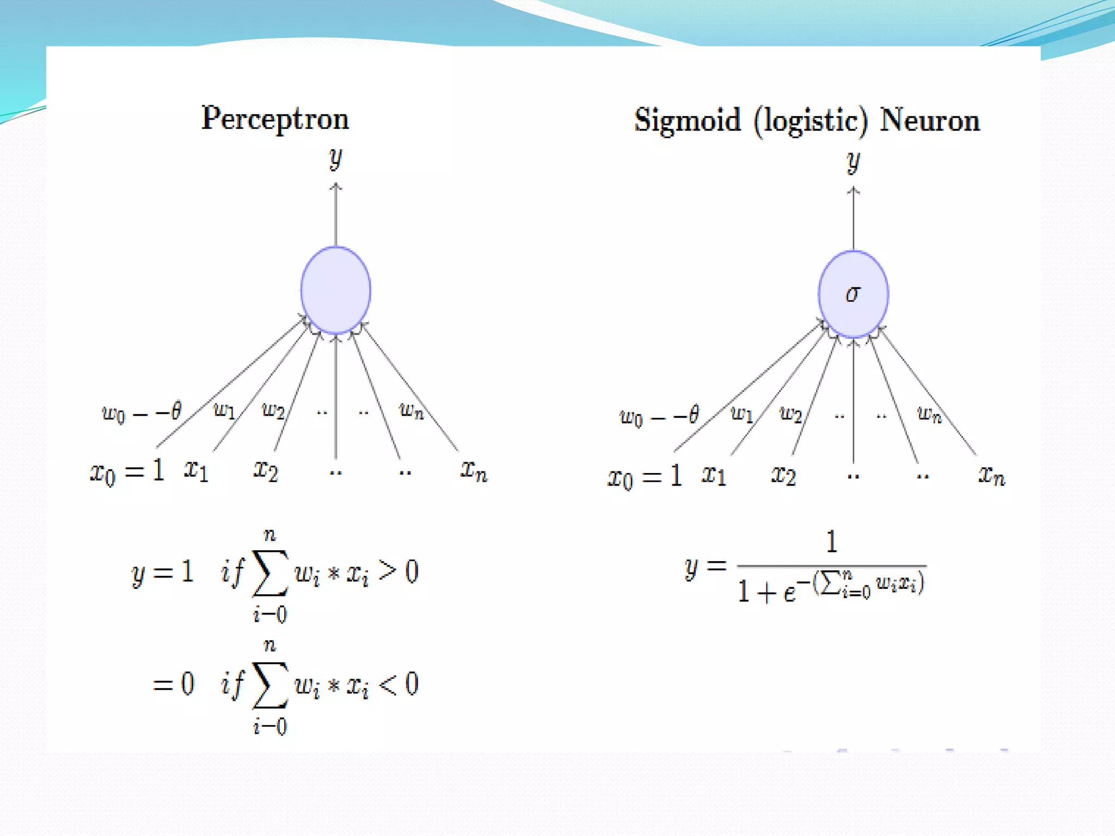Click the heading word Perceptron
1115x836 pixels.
[x=275, y=119]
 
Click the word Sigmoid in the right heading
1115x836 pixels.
[x=687, y=121]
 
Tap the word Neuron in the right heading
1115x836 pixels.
[x=930, y=120]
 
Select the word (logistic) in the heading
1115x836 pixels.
[x=810, y=121]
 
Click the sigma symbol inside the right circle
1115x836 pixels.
[x=853, y=294]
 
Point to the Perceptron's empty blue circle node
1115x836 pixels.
[x=336, y=290]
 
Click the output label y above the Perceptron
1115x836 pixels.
[x=335, y=158]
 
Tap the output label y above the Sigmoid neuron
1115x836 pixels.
[x=853, y=162]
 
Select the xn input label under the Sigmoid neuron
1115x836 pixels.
[x=991, y=476]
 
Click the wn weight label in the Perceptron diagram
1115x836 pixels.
[x=411, y=410]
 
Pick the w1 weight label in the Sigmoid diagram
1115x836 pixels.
[x=742, y=414]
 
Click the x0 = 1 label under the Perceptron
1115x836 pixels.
[x=127, y=471]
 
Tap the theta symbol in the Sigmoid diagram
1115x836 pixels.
[x=693, y=415]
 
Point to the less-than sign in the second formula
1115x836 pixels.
[x=387, y=685]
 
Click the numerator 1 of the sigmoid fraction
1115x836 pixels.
[x=831, y=542]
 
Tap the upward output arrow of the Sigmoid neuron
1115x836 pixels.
[x=853, y=218]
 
